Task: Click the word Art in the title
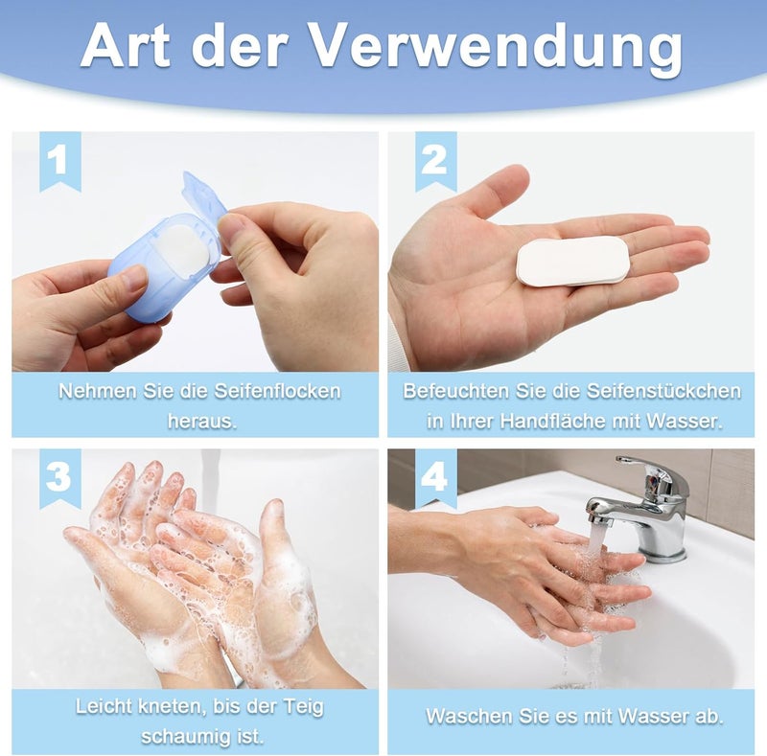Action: pyautogui.click(x=126, y=44)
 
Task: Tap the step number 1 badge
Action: pyautogui.click(x=60, y=160)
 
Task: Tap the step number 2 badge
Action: pyautogui.click(x=436, y=160)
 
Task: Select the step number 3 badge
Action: pyautogui.click(x=60, y=478)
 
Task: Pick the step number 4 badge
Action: pyautogui.click(x=436, y=478)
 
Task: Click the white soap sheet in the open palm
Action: pyautogui.click(x=573, y=261)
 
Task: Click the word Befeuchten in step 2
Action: pyautogui.click(x=449, y=391)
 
